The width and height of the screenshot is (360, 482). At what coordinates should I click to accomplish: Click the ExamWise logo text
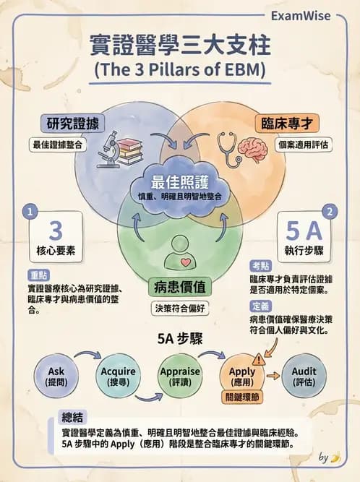301,16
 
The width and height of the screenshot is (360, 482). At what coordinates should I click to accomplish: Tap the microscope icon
108,150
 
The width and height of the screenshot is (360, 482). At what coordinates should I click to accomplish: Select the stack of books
130,152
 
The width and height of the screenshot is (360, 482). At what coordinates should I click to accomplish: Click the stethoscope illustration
228,149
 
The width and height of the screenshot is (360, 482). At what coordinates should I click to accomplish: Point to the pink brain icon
254,150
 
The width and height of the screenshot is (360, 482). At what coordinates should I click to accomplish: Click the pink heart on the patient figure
186,262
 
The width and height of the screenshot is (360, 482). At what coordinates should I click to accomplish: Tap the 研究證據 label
73,124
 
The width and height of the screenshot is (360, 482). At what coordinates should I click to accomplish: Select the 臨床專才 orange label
287,124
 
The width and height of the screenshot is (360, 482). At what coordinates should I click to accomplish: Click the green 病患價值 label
180,287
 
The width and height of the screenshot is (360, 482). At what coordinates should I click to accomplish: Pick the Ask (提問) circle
56,376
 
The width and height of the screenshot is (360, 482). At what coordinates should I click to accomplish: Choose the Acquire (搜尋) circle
118,376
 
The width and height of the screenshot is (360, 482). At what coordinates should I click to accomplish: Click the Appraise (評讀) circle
180,376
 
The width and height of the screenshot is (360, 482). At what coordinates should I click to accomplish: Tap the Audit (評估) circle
304,376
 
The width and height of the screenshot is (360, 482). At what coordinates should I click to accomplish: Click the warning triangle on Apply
259,359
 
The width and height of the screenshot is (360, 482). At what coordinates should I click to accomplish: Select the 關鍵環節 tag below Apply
242,397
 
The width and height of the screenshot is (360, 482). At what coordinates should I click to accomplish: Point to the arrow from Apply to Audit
273,376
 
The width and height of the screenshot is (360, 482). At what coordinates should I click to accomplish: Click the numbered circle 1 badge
30,212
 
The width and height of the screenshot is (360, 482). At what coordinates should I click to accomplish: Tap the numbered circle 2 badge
330,212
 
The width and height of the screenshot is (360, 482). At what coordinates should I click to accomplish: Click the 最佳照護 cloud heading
180,182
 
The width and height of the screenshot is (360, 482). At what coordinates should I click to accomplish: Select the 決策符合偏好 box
180,309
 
